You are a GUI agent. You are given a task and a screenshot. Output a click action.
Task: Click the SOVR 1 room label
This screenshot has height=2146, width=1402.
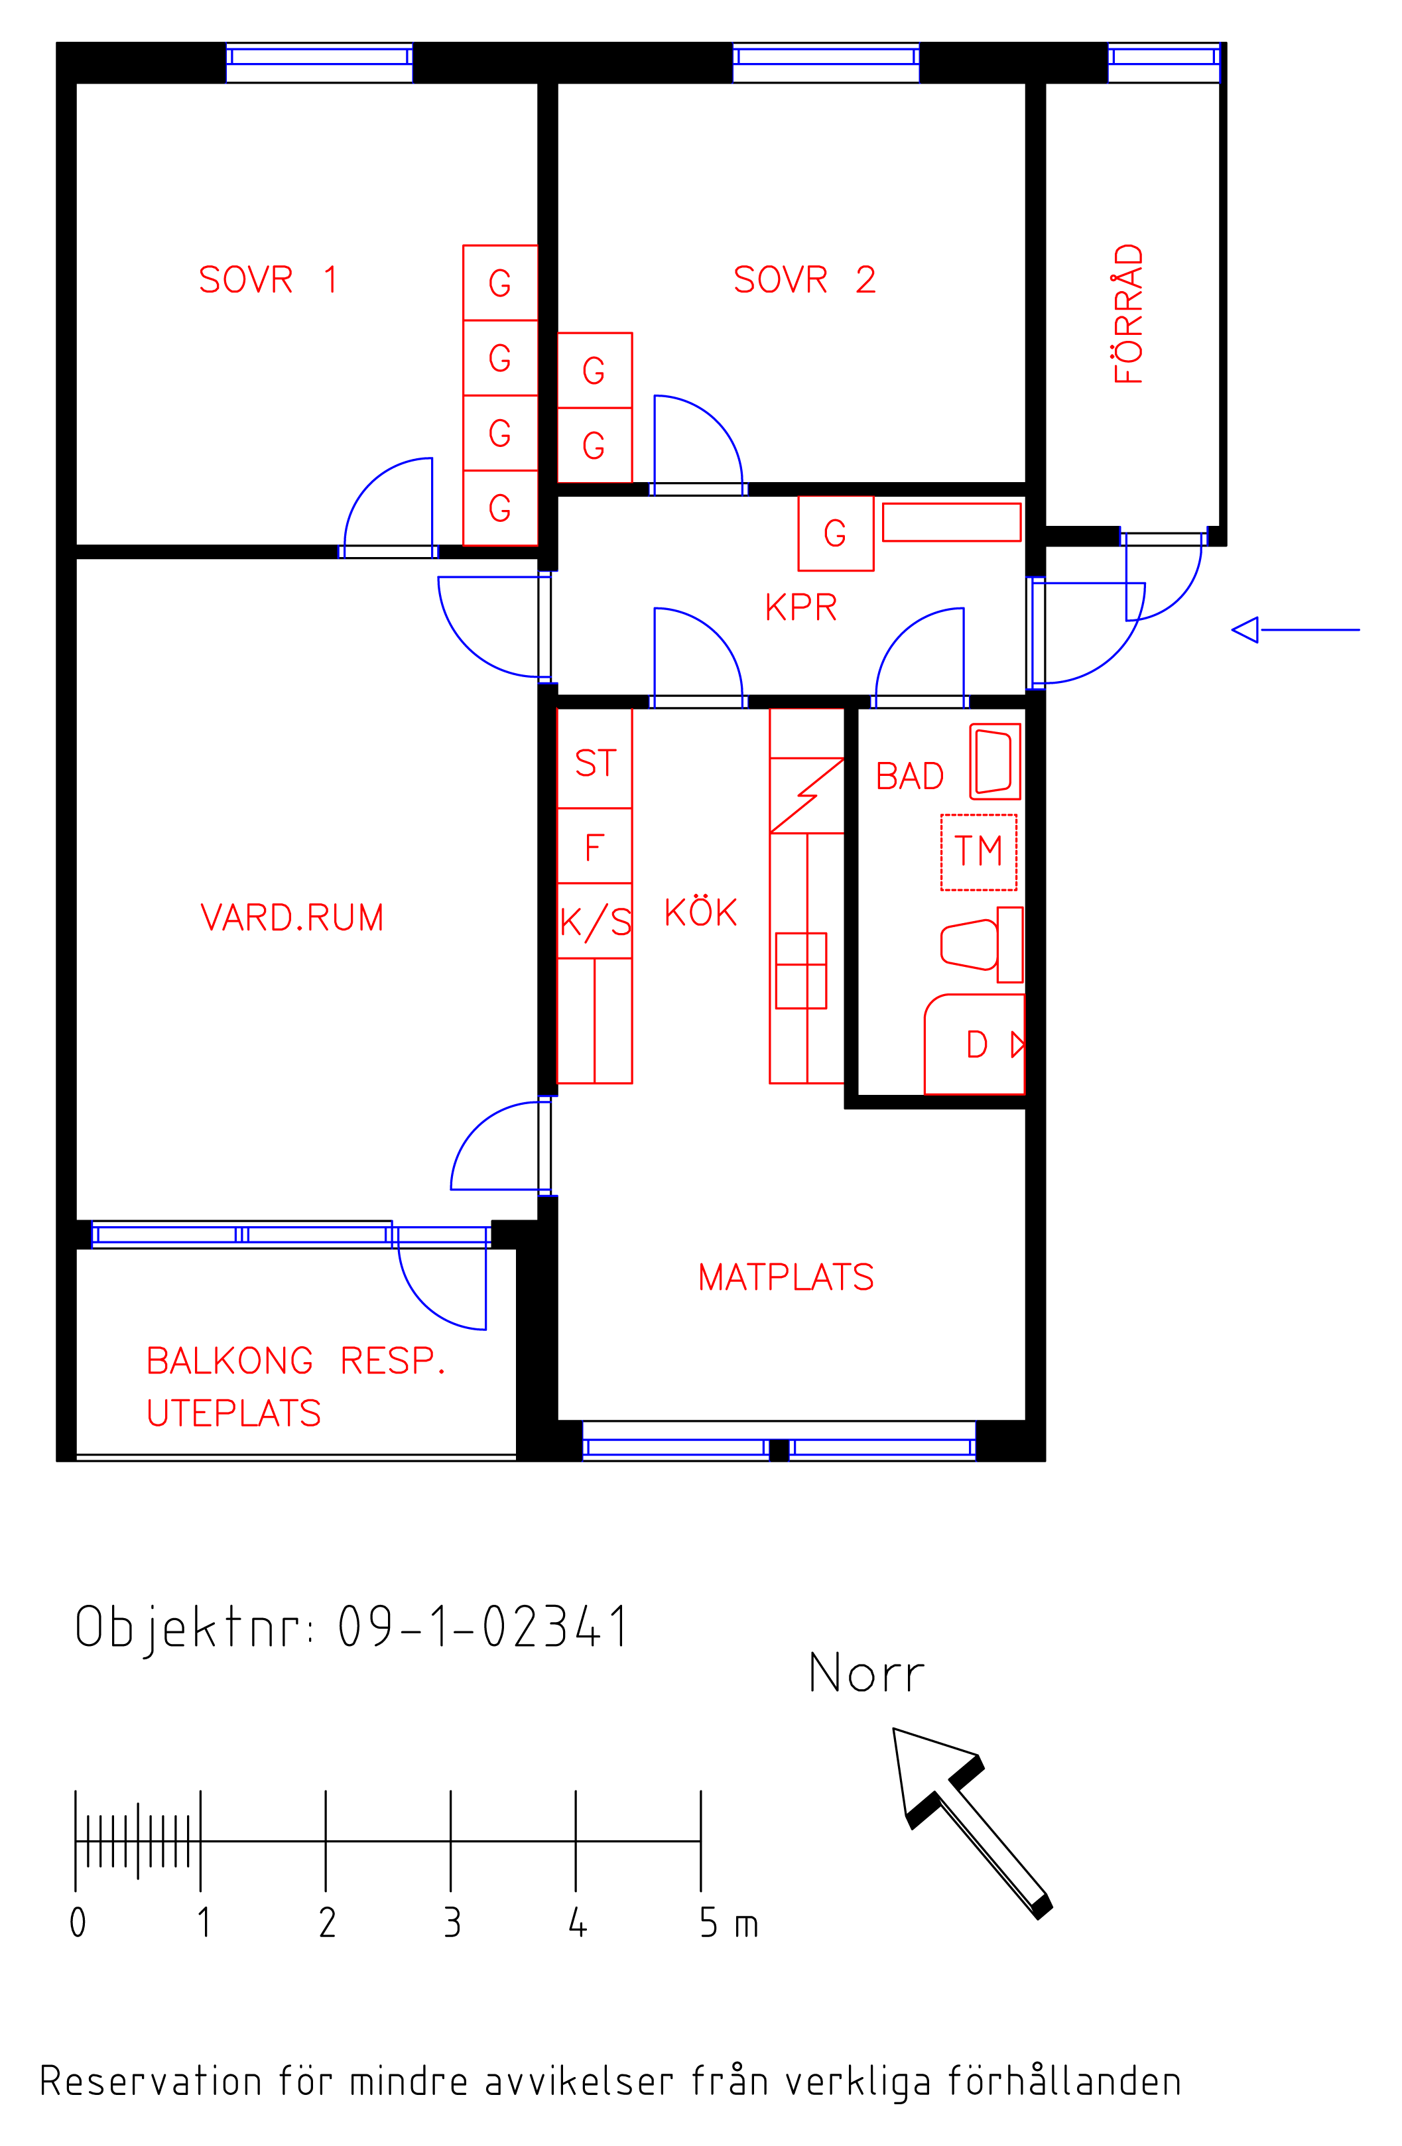268,279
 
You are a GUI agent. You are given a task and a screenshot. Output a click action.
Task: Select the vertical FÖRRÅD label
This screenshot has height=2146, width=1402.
1128,314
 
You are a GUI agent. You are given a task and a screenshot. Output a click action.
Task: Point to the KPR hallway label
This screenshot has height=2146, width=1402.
800,607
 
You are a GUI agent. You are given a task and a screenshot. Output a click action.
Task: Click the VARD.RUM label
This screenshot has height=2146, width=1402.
292,918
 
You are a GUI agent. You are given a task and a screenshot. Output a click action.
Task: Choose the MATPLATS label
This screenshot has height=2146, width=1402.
786,1277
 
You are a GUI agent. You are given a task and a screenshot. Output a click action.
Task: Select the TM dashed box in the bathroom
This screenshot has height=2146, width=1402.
978,852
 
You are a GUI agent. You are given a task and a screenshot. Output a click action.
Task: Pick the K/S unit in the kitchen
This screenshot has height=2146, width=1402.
594,920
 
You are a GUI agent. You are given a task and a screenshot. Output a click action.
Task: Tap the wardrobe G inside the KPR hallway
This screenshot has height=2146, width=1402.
836,533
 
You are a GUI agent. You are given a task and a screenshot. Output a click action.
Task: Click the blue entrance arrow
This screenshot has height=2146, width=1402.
1296,629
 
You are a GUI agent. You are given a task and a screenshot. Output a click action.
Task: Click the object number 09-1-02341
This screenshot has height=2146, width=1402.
483,1627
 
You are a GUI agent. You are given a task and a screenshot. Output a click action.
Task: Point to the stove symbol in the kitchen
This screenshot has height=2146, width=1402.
800,970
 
